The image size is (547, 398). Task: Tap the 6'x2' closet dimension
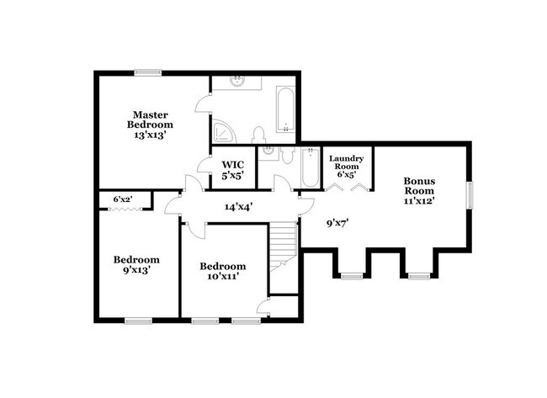coord(123,199)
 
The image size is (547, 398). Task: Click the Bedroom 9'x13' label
coord(136,265)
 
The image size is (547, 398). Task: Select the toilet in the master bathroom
coord(259,134)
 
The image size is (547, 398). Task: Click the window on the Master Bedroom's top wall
coord(148,73)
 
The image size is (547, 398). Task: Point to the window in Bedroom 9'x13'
coord(136,321)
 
